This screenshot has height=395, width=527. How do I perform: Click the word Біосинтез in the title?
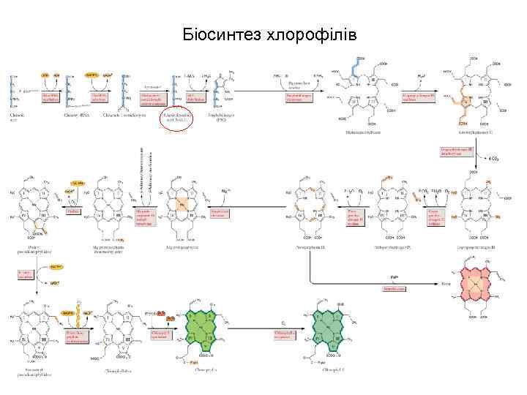[217, 34]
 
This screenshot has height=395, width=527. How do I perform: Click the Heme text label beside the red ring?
[447, 283]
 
